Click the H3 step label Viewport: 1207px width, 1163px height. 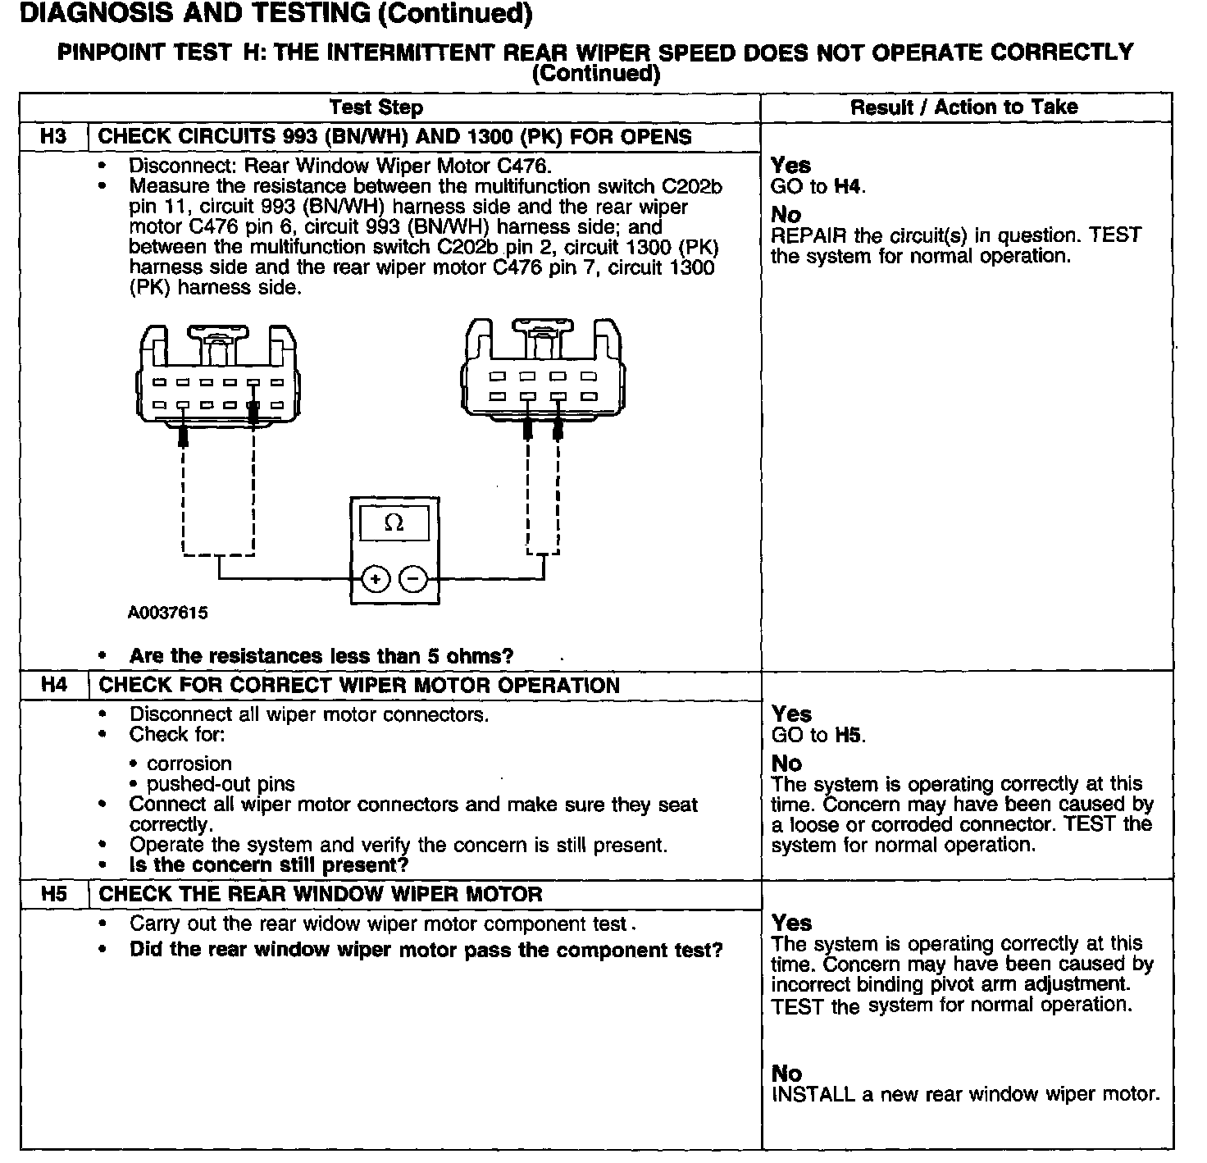tap(53, 136)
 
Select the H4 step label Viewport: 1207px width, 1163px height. tap(53, 685)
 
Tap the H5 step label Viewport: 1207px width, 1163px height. tap(53, 894)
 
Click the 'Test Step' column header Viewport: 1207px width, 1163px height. tap(376, 107)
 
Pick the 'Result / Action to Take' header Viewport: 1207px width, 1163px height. tap(963, 107)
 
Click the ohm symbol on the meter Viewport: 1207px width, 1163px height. tap(394, 523)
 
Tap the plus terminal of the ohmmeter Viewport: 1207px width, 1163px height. tap(376, 579)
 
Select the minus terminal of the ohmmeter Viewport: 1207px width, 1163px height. tap(412, 579)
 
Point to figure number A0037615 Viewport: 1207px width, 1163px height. tap(167, 613)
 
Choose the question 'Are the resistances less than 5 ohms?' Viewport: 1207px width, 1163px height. tap(321, 656)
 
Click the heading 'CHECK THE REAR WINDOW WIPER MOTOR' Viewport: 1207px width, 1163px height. tap(321, 894)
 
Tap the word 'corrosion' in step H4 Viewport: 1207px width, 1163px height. tap(189, 764)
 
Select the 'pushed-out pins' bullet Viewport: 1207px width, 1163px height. tap(220, 784)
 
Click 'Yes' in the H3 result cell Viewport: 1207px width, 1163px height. tap(790, 166)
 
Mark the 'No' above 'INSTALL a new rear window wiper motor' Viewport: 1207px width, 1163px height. tap(786, 1073)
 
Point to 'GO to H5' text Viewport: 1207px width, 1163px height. tap(818, 735)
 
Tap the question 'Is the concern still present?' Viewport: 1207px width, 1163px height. tap(268, 865)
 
